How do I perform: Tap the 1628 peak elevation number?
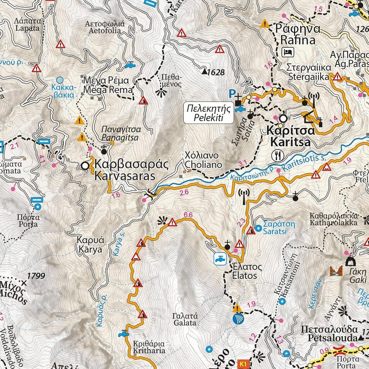(x=216, y=73)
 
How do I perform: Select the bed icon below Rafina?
(x=288, y=52)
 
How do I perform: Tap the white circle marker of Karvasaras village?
(x=85, y=166)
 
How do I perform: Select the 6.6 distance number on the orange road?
(x=188, y=215)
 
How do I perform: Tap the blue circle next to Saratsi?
(x=258, y=228)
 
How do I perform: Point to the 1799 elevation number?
(x=36, y=276)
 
